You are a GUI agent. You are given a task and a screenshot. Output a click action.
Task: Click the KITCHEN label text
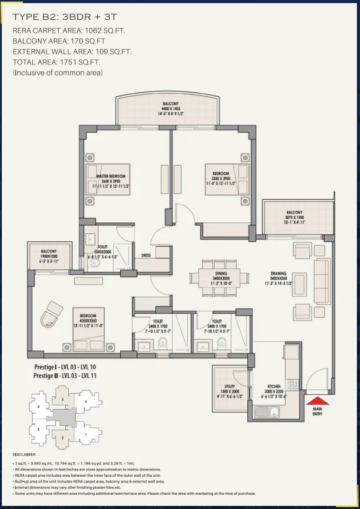tap(274, 387)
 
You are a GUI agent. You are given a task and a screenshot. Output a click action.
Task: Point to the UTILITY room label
tap(230, 387)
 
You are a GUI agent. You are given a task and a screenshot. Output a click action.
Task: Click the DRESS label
tap(146, 254)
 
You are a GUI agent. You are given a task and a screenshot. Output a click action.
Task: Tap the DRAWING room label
tap(278, 273)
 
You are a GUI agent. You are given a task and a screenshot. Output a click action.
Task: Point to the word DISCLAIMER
tap(25, 454)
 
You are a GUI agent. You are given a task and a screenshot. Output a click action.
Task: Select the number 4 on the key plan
tap(40, 407)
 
